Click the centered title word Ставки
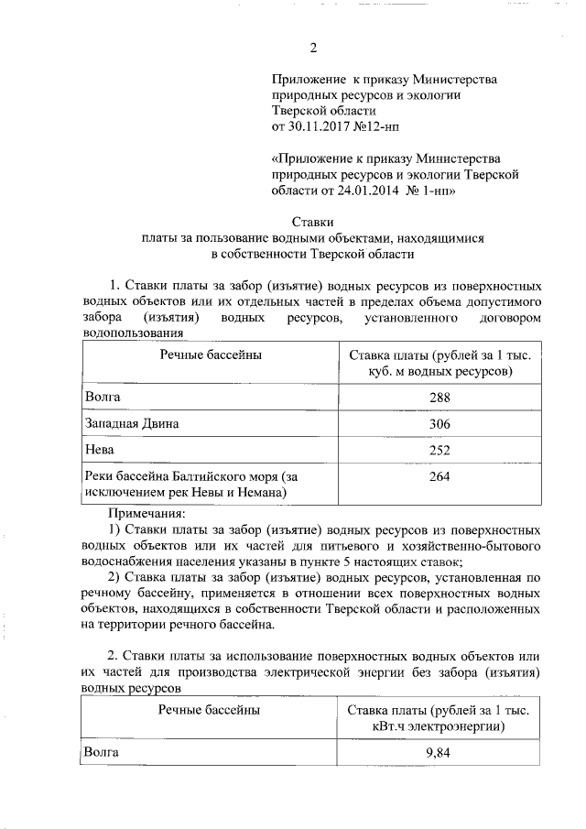click(312, 221)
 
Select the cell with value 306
click(439, 425)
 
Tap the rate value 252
click(439, 451)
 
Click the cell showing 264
click(439, 477)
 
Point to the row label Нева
click(99, 451)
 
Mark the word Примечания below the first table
click(146, 514)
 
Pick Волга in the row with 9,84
click(102, 752)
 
